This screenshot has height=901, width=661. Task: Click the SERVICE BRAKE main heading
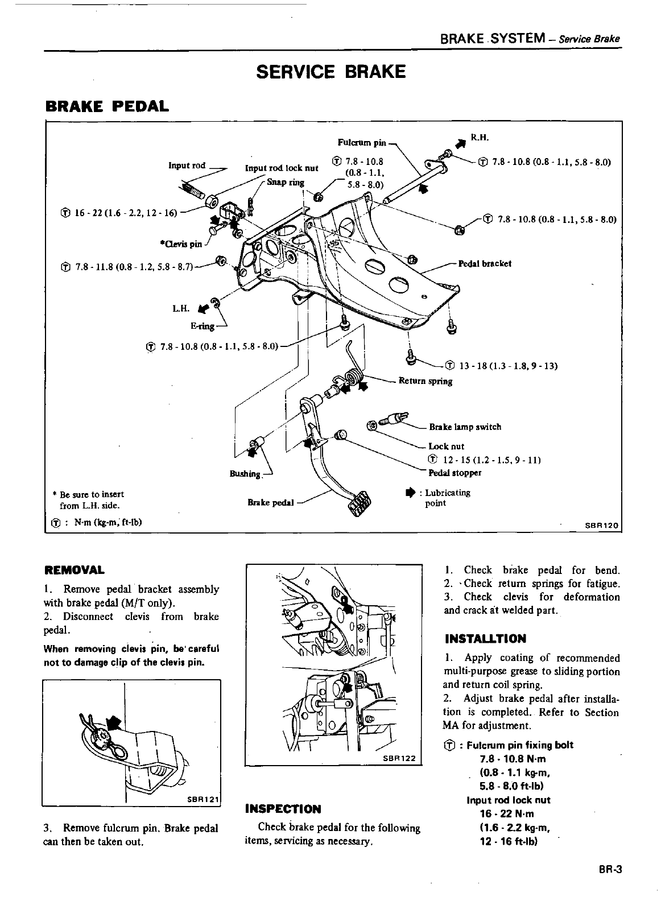coord(330,72)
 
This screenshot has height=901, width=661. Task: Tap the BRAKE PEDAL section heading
coord(106,106)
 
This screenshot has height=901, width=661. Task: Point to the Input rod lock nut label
coord(281,168)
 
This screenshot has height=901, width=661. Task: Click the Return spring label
coord(425,381)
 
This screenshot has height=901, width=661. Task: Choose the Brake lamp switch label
coord(465,427)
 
